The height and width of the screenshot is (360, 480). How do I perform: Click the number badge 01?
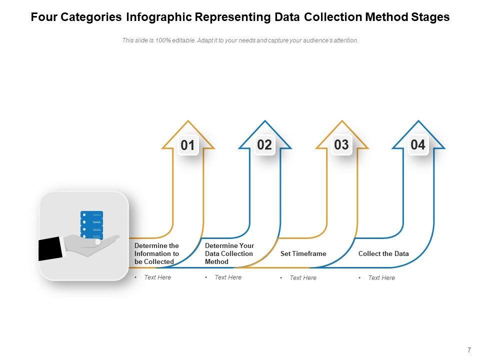187,145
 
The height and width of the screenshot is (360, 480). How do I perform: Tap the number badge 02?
264,145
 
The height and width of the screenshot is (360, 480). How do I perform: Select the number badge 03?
341,145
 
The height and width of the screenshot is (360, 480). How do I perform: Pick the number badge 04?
418,145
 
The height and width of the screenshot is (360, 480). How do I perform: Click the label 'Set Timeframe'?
303,254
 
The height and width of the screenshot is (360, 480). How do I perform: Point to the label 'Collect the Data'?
383,254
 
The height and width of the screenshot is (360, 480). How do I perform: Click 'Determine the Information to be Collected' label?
156,254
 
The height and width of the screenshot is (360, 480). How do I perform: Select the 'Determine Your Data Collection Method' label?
229,253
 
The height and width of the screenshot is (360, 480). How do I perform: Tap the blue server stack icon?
92,224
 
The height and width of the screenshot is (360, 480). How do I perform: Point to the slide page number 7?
469,350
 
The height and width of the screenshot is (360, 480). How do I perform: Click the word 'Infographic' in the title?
158,17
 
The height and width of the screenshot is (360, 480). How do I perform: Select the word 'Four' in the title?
43,17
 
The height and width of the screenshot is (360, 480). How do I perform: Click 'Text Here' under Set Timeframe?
303,278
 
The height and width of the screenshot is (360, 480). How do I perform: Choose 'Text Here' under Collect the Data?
381,278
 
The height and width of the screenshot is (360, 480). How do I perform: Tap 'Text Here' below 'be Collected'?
157,277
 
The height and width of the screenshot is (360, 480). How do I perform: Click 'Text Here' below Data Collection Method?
228,277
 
